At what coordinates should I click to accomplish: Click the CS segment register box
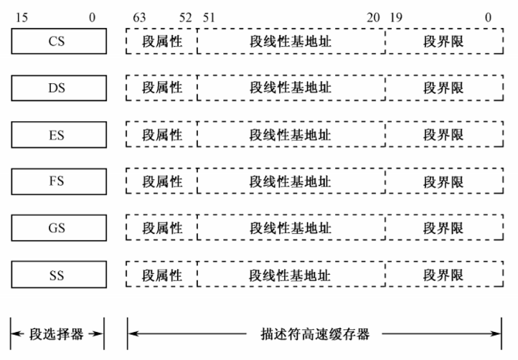[57, 42]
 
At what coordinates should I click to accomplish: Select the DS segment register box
[57, 88]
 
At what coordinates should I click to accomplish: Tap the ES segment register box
[57, 135]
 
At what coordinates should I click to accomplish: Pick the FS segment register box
[57, 181]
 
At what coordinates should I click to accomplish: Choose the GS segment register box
[57, 228]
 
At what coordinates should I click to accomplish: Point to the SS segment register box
[57, 275]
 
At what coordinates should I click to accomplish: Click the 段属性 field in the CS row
[161, 42]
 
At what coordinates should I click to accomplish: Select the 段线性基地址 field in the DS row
[291, 88]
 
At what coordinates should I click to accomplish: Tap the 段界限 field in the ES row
[443, 135]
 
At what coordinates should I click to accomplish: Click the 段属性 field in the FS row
[161, 181]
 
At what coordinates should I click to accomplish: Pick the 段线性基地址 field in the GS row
[291, 228]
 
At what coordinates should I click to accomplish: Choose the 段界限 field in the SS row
[443, 275]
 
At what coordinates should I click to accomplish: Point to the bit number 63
[140, 16]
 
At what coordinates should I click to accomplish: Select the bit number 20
[373, 16]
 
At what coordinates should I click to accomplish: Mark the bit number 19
[395, 16]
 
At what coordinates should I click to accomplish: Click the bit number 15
[22, 16]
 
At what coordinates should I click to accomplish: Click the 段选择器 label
[57, 334]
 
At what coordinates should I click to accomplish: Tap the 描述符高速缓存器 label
[314, 334]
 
